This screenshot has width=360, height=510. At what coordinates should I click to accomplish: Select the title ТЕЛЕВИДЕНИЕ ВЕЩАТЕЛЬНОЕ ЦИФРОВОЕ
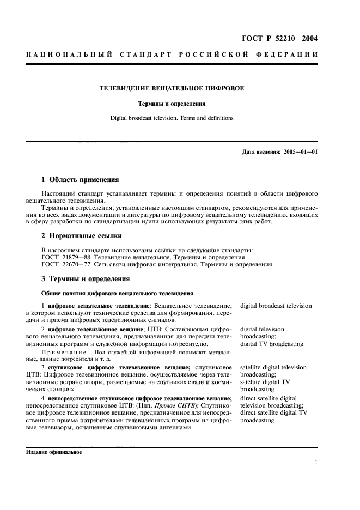pos(171,88)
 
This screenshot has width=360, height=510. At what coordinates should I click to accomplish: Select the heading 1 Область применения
pos(80,179)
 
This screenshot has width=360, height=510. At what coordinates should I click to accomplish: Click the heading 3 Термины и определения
pos(86,278)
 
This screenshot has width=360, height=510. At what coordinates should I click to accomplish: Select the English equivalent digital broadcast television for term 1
pos(276,306)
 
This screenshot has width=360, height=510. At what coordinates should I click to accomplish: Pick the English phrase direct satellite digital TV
pos(273,413)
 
